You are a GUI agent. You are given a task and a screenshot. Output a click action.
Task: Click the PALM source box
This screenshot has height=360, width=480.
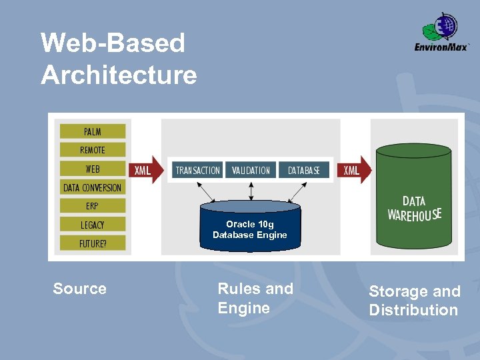(x=93, y=131)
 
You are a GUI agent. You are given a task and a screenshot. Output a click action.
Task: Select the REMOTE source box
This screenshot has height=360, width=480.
(x=93, y=150)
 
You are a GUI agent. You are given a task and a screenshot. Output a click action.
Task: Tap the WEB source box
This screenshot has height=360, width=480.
(x=93, y=169)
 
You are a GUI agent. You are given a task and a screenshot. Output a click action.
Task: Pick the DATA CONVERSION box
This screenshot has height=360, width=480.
(x=93, y=187)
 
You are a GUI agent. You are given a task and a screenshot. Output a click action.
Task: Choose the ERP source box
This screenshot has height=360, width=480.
(x=93, y=206)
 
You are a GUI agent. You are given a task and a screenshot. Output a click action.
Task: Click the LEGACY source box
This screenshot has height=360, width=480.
(x=93, y=225)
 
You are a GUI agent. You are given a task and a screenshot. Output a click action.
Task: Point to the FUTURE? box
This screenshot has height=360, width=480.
(x=93, y=243)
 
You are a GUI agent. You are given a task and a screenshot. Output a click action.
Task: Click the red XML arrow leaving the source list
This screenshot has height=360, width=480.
(x=146, y=170)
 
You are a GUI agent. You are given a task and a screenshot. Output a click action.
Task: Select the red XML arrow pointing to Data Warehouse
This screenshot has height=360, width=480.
(x=355, y=170)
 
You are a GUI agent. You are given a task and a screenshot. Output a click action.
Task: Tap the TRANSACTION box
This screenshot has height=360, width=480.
(x=197, y=170)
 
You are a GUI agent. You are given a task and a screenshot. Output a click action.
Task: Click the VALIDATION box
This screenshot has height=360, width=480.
(x=251, y=170)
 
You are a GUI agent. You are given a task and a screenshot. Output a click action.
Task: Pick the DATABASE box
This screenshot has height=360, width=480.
(x=304, y=170)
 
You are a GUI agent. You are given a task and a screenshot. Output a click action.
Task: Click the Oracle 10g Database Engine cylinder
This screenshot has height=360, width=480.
(x=250, y=226)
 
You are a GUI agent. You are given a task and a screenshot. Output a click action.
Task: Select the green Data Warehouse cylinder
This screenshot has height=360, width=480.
(x=414, y=196)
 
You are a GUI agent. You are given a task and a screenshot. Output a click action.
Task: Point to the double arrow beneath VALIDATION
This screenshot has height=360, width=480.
(x=251, y=191)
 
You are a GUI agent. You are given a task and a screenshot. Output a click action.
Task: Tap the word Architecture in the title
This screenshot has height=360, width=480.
(x=119, y=75)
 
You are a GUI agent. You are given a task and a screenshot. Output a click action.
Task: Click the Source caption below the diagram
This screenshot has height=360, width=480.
(x=79, y=289)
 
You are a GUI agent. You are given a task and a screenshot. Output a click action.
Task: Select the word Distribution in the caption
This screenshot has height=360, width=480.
(x=413, y=310)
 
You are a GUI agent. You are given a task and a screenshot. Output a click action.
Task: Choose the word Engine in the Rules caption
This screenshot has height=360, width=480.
(x=244, y=308)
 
